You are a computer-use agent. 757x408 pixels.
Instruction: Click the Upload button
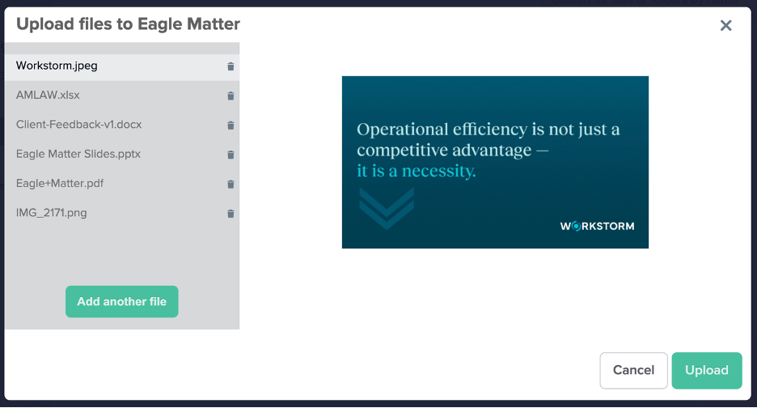tap(706, 370)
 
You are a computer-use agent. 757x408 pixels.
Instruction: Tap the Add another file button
tap(121, 302)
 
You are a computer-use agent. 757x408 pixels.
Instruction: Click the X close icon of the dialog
tap(725, 26)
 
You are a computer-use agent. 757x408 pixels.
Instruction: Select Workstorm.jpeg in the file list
tap(57, 66)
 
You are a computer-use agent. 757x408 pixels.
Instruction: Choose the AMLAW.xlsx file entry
tap(48, 96)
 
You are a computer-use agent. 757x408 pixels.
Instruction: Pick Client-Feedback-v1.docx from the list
tap(78, 125)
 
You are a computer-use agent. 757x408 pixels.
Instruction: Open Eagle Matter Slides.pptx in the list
tap(78, 154)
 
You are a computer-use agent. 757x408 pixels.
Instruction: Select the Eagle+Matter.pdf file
tap(60, 184)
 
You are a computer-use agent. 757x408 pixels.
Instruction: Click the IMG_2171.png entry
tap(51, 213)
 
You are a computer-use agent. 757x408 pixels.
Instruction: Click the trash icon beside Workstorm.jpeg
tap(230, 66)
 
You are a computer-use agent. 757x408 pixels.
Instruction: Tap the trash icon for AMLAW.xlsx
tap(230, 96)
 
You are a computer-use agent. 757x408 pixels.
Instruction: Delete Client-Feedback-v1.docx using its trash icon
tap(230, 125)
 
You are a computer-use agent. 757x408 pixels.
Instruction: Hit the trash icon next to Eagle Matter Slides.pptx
tap(230, 155)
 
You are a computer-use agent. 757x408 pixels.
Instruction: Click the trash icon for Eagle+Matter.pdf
tap(230, 185)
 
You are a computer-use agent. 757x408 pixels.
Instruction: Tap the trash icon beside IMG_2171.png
tap(230, 214)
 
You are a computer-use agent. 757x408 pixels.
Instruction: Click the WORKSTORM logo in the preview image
tap(597, 226)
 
